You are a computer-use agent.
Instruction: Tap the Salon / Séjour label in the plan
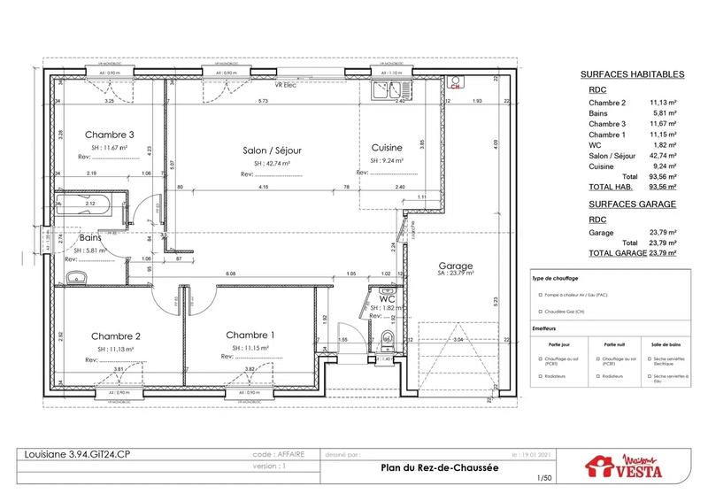coord(272,150)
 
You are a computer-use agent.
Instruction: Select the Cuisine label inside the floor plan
coord(387,147)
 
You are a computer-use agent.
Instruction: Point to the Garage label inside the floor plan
coord(456,266)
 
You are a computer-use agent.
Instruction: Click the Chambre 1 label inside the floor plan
coord(250,335)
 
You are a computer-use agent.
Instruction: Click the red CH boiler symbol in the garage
coord(455,87)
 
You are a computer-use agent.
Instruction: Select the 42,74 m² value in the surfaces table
coord(663,154)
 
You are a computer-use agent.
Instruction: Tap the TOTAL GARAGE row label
coord(612,252)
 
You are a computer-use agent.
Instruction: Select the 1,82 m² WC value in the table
coord(665,144)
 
